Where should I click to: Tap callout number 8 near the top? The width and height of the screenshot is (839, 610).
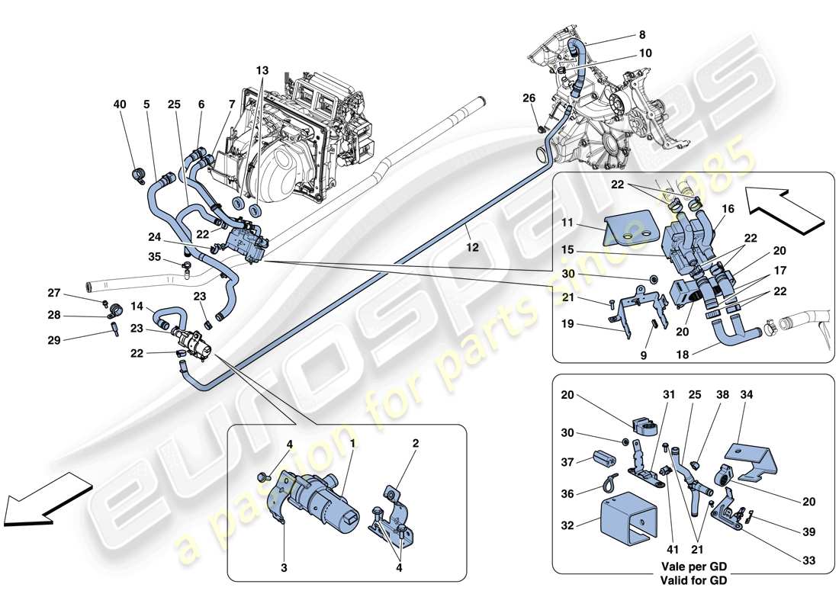pos(641,34)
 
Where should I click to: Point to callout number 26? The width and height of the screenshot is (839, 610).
pos(529,97)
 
